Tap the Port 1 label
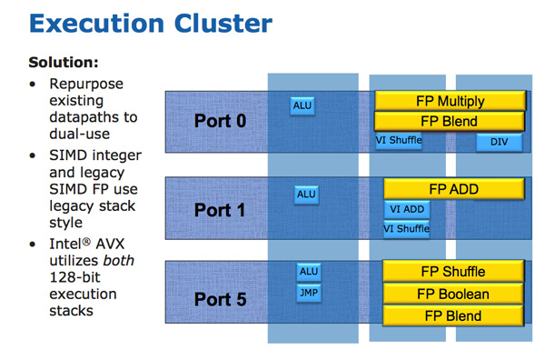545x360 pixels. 220,210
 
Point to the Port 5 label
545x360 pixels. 220,298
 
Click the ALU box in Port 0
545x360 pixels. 302,106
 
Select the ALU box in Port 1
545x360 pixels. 307,195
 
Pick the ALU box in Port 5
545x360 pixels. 309,271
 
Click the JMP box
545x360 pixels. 309,293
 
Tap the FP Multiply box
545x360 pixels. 451,101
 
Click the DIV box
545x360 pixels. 499,143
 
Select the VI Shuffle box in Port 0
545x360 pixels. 400,141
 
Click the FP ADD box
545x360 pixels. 454,189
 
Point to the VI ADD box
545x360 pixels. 406,210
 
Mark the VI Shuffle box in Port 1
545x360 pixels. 406,229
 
